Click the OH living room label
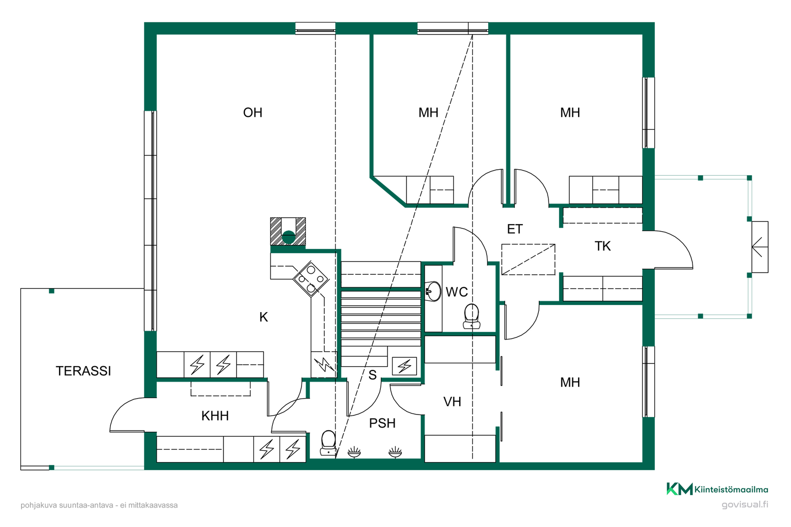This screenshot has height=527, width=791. pos(253,113)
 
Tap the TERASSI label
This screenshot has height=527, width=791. pos(83,371)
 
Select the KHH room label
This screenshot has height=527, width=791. pos(215,416)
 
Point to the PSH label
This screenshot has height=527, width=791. pos(382,423)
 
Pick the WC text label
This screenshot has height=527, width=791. pos(457,292)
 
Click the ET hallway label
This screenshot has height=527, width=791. pos(515,229)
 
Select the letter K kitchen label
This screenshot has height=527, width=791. pos(263,317)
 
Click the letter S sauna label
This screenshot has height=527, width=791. pos(372,375)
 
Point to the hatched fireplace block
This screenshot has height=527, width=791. pos(288,231)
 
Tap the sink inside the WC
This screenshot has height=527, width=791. pos(433,291)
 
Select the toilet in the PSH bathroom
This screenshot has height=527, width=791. pos(328,443)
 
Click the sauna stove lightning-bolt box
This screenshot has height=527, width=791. pos(404,366)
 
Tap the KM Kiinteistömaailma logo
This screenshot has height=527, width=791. pos(717,489)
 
